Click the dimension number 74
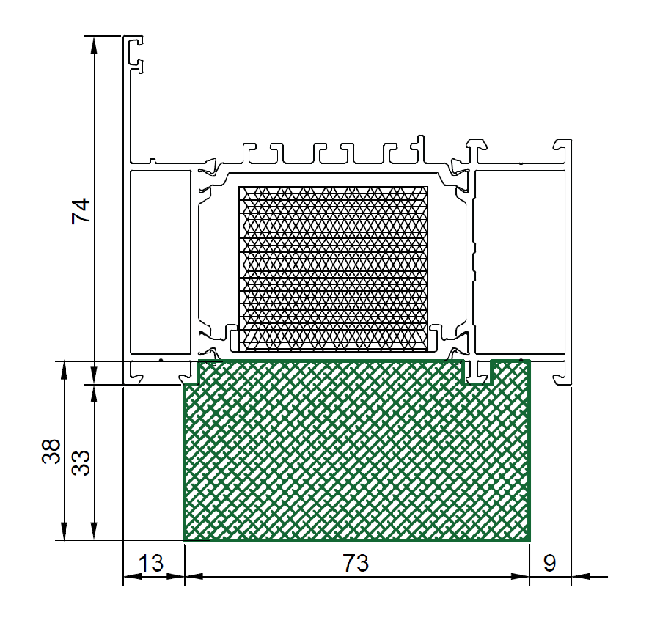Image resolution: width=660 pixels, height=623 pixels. (81, 211)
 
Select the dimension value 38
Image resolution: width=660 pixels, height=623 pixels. (51, 451)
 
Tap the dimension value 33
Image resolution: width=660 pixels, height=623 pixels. (81, 463)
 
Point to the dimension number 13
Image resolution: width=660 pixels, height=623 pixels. (150, 564)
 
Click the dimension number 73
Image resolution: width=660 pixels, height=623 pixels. (356, 564)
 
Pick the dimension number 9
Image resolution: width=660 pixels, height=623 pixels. (549, 564)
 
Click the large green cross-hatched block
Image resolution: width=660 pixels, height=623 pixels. (356, 450)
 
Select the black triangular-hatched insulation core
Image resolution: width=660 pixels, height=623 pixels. (334, 269)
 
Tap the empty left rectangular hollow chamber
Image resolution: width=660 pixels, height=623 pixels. (161, 262)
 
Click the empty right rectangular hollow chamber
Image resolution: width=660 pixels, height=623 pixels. (520, 262)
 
